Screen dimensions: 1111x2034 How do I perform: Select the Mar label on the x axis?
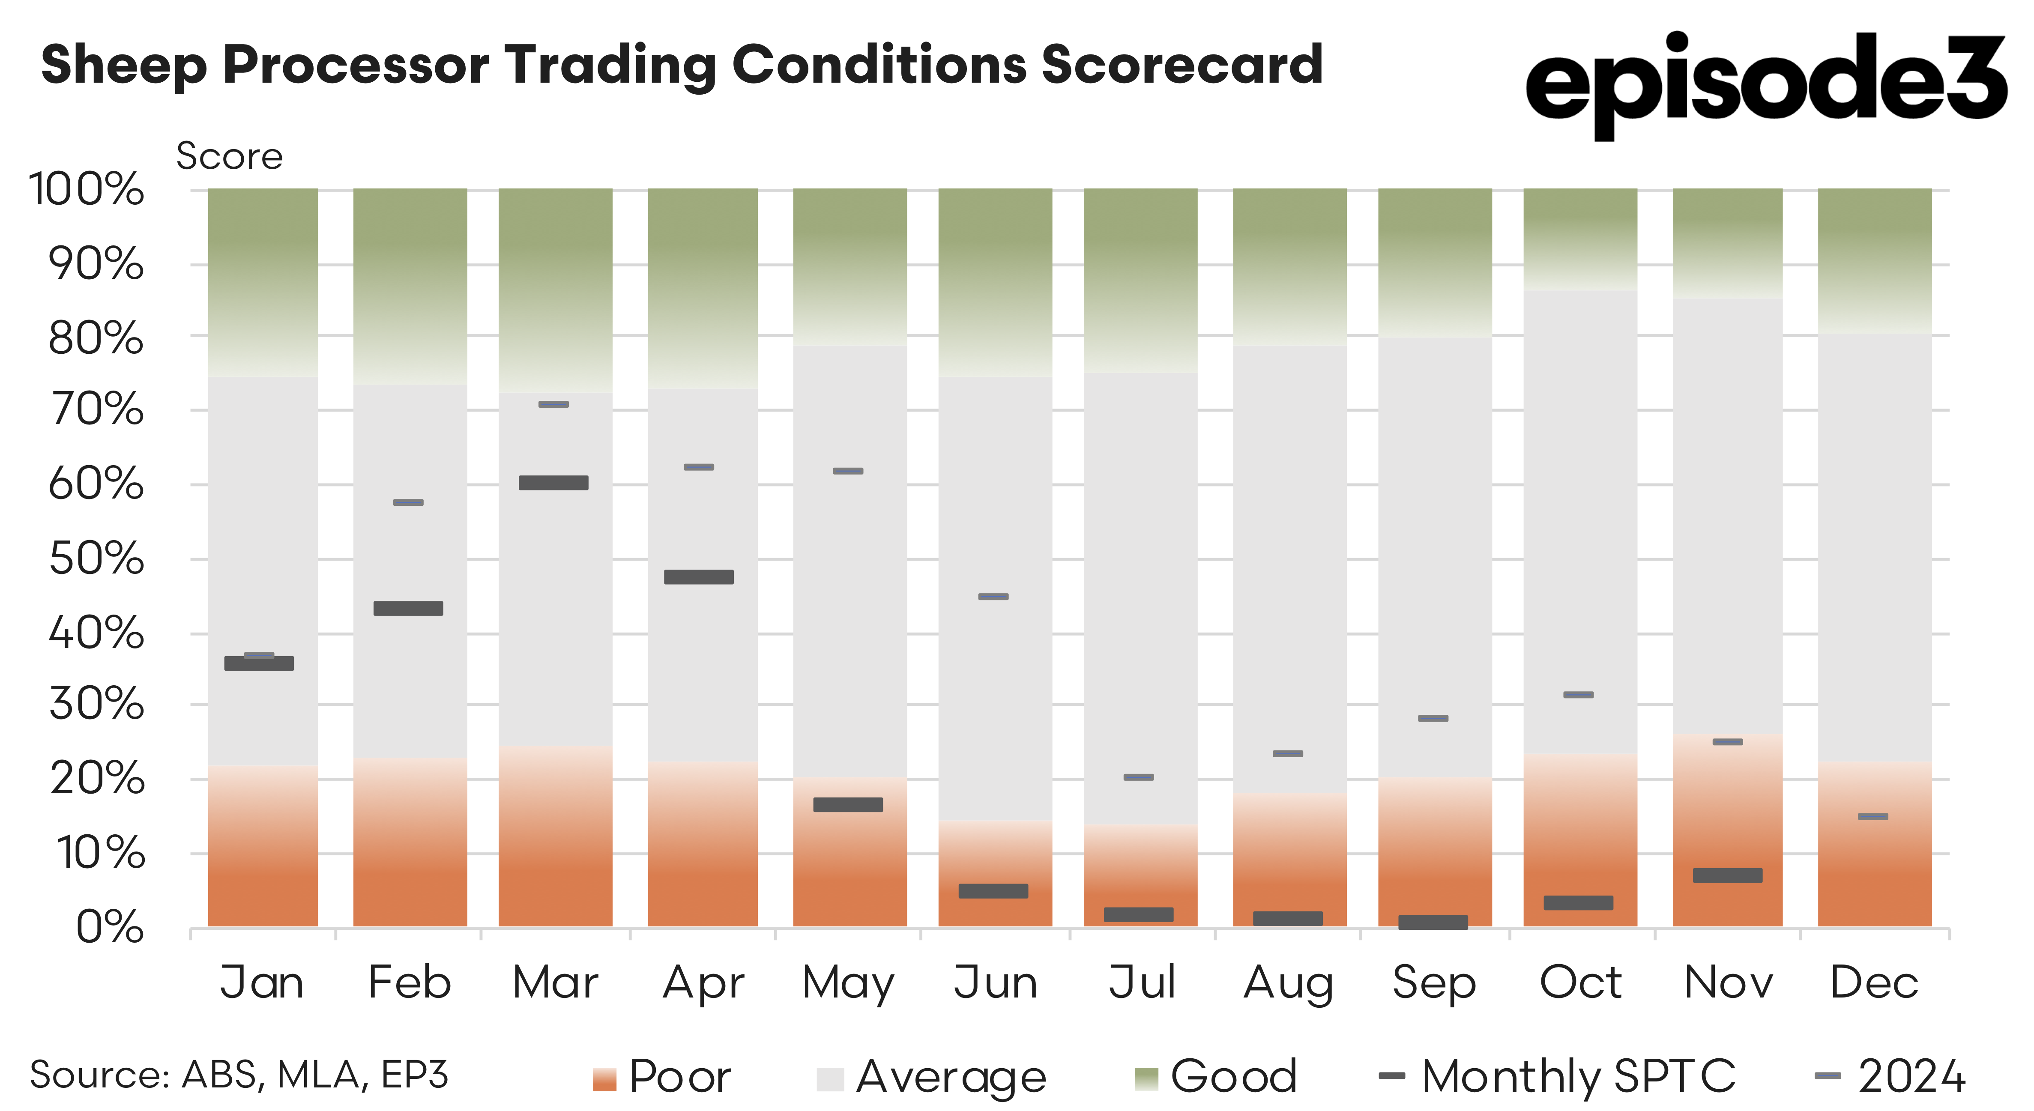point(555,983)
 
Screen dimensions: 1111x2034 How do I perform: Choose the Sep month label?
point(1434,983)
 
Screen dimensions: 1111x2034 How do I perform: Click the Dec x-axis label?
point(1874,983)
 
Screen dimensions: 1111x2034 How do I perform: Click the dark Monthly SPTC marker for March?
point(553,482)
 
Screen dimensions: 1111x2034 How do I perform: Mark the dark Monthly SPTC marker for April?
point(699,577)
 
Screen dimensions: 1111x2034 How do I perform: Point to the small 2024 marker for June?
point(993,597)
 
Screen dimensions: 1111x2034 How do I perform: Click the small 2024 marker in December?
point(1873,816)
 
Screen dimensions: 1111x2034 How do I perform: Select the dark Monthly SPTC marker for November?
point(1728,875)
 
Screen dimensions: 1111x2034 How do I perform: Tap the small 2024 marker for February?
point(408,502)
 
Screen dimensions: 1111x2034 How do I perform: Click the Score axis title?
point(229,156)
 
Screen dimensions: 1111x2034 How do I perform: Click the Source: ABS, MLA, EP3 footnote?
point(239,1075)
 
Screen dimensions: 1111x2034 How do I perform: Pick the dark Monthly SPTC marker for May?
point(848,805)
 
